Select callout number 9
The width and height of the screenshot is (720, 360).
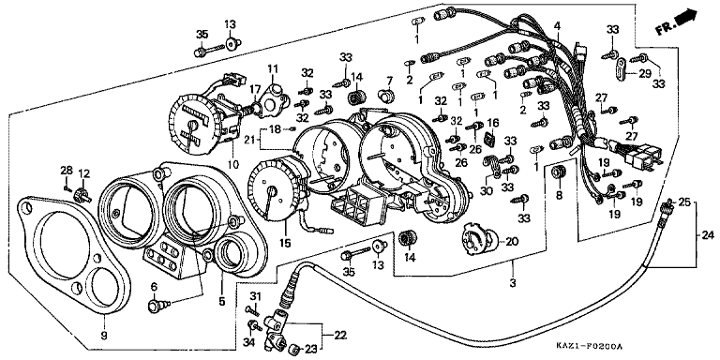tap(103, 336)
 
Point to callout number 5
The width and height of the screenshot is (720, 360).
tap(222, 302)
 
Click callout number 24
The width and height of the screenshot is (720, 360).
tap(708, 235)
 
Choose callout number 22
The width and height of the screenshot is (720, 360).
tap(339, 336)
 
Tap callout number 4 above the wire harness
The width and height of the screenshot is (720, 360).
tap(557, 25)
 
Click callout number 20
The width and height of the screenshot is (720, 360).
tap(513, 241)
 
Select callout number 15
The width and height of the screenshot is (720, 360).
tap(285, 242)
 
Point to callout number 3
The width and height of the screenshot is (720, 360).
tap(513, 283)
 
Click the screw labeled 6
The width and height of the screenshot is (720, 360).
tap(157, 305)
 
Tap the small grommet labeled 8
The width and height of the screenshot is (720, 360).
tap(559, 172)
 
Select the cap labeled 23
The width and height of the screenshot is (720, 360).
tap(294, 350)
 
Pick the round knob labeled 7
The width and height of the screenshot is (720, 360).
tap(386, 96)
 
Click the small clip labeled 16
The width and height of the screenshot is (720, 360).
tap(491, 138)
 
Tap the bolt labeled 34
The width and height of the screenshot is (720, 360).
tap(254, 326)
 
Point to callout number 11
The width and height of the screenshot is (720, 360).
tap(273, 69)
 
